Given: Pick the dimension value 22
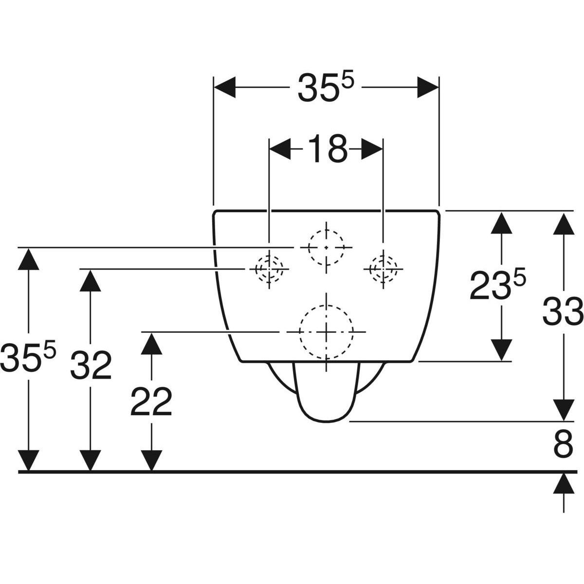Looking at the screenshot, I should (151, 402).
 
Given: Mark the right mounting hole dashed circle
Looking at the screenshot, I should (383, 268).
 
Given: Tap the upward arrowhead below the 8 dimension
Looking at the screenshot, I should (564, 484).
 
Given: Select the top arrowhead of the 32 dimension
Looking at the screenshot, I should (91, 279).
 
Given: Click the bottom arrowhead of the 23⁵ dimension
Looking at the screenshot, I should (501, 350).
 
